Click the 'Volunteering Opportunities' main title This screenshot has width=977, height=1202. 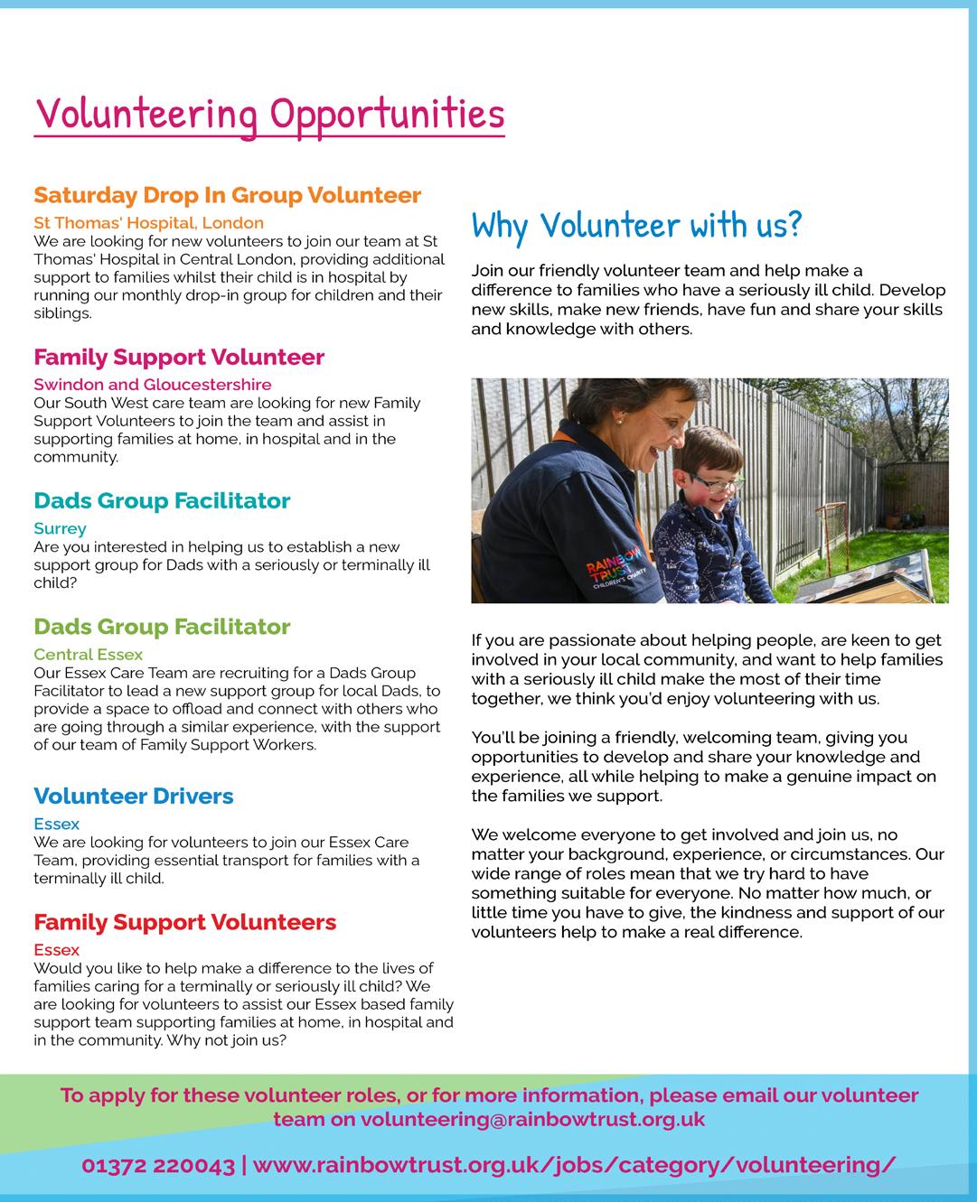coord(268,115)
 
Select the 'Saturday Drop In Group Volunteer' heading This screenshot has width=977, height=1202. coord(227,195)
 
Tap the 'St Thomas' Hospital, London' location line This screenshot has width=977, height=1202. coord(148,222)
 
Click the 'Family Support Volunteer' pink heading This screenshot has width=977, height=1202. coord(178,357)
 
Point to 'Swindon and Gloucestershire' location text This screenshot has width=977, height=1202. coord(152,385)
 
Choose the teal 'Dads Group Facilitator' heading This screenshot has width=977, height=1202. coord(162,500)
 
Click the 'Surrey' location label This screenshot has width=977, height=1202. coord(60,528)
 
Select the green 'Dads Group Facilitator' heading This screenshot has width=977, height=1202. coord(162,627)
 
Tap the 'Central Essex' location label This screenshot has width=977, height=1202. coord(88,654)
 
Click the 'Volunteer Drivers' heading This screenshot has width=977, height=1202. coord(133,796)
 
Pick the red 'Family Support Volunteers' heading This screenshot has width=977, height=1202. coord(184,922)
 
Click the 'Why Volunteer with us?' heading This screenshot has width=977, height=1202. coord(636,225)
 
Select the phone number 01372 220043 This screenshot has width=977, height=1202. coord(158,1165)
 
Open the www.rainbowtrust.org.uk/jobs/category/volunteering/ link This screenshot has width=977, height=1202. coord(575,1165)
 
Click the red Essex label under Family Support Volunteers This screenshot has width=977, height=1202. coord(56,950)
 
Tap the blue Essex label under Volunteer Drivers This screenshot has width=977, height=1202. coord(56,824)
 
